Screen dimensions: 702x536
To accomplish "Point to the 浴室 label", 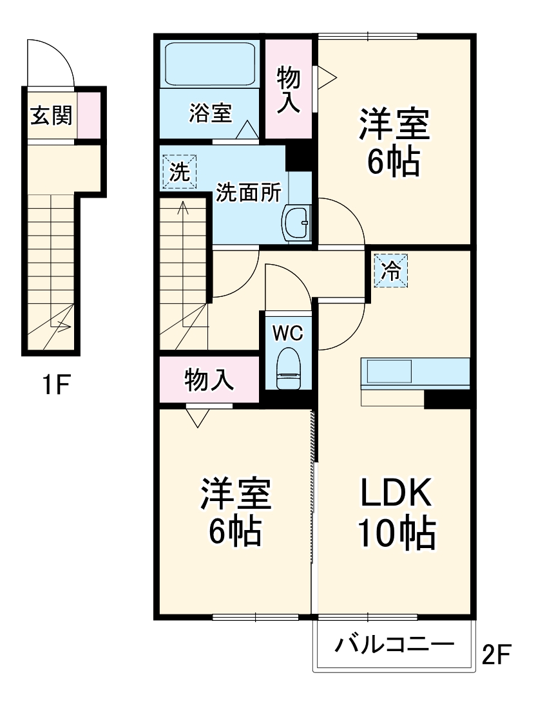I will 210,113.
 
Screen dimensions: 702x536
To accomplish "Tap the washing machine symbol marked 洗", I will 178,172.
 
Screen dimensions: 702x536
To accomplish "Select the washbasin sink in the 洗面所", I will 297,223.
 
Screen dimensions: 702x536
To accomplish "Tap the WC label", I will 287,333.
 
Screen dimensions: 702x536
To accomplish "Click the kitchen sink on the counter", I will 389,372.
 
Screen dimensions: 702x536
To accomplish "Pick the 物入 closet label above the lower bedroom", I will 209,380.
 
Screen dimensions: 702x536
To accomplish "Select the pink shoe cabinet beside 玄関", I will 90,115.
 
